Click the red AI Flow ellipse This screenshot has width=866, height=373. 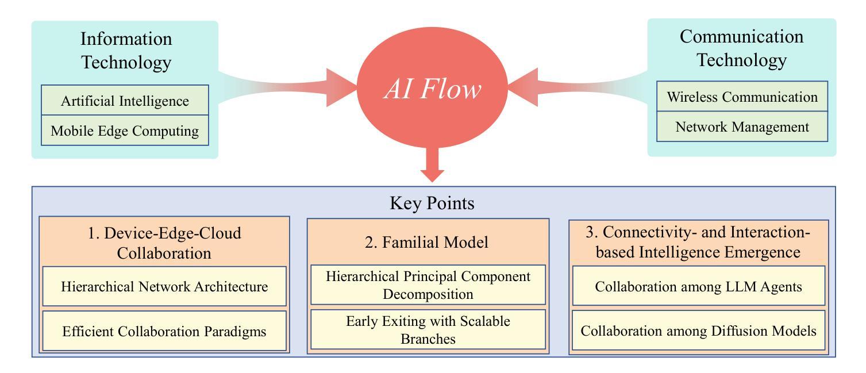pos(432,87)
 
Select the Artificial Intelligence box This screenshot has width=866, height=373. pos(125,100)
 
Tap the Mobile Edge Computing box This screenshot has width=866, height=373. pos(125,130)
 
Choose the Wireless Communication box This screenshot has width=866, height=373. pos(742,96)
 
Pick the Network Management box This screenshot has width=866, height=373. pos(742,126)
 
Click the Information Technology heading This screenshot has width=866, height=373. pos(126,51)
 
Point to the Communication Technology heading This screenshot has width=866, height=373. pos(741,48)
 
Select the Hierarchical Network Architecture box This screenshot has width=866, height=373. pos(164,286)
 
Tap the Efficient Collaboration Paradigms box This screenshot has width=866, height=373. pos(164,331)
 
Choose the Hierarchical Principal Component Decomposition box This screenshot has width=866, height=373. pos(428,285)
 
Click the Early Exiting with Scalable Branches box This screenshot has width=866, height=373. pos(428,329)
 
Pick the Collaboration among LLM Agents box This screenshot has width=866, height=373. pos(699,286)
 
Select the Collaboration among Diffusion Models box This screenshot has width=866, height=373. pos(699,330)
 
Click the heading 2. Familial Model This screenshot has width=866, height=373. pos(426,243)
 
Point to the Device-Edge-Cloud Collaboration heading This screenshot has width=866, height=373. pos(164,243)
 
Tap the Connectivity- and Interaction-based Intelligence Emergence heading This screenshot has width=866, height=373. pos(698,242)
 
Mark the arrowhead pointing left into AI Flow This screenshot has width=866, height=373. pos(523,87)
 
